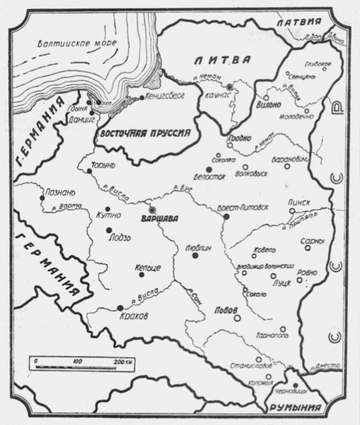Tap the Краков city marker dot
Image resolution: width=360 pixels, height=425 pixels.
[120, 308]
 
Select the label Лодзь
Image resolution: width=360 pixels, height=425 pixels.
[120, 238]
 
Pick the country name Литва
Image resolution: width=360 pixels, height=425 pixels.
[221, 60]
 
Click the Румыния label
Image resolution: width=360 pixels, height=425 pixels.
[293, 409]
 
